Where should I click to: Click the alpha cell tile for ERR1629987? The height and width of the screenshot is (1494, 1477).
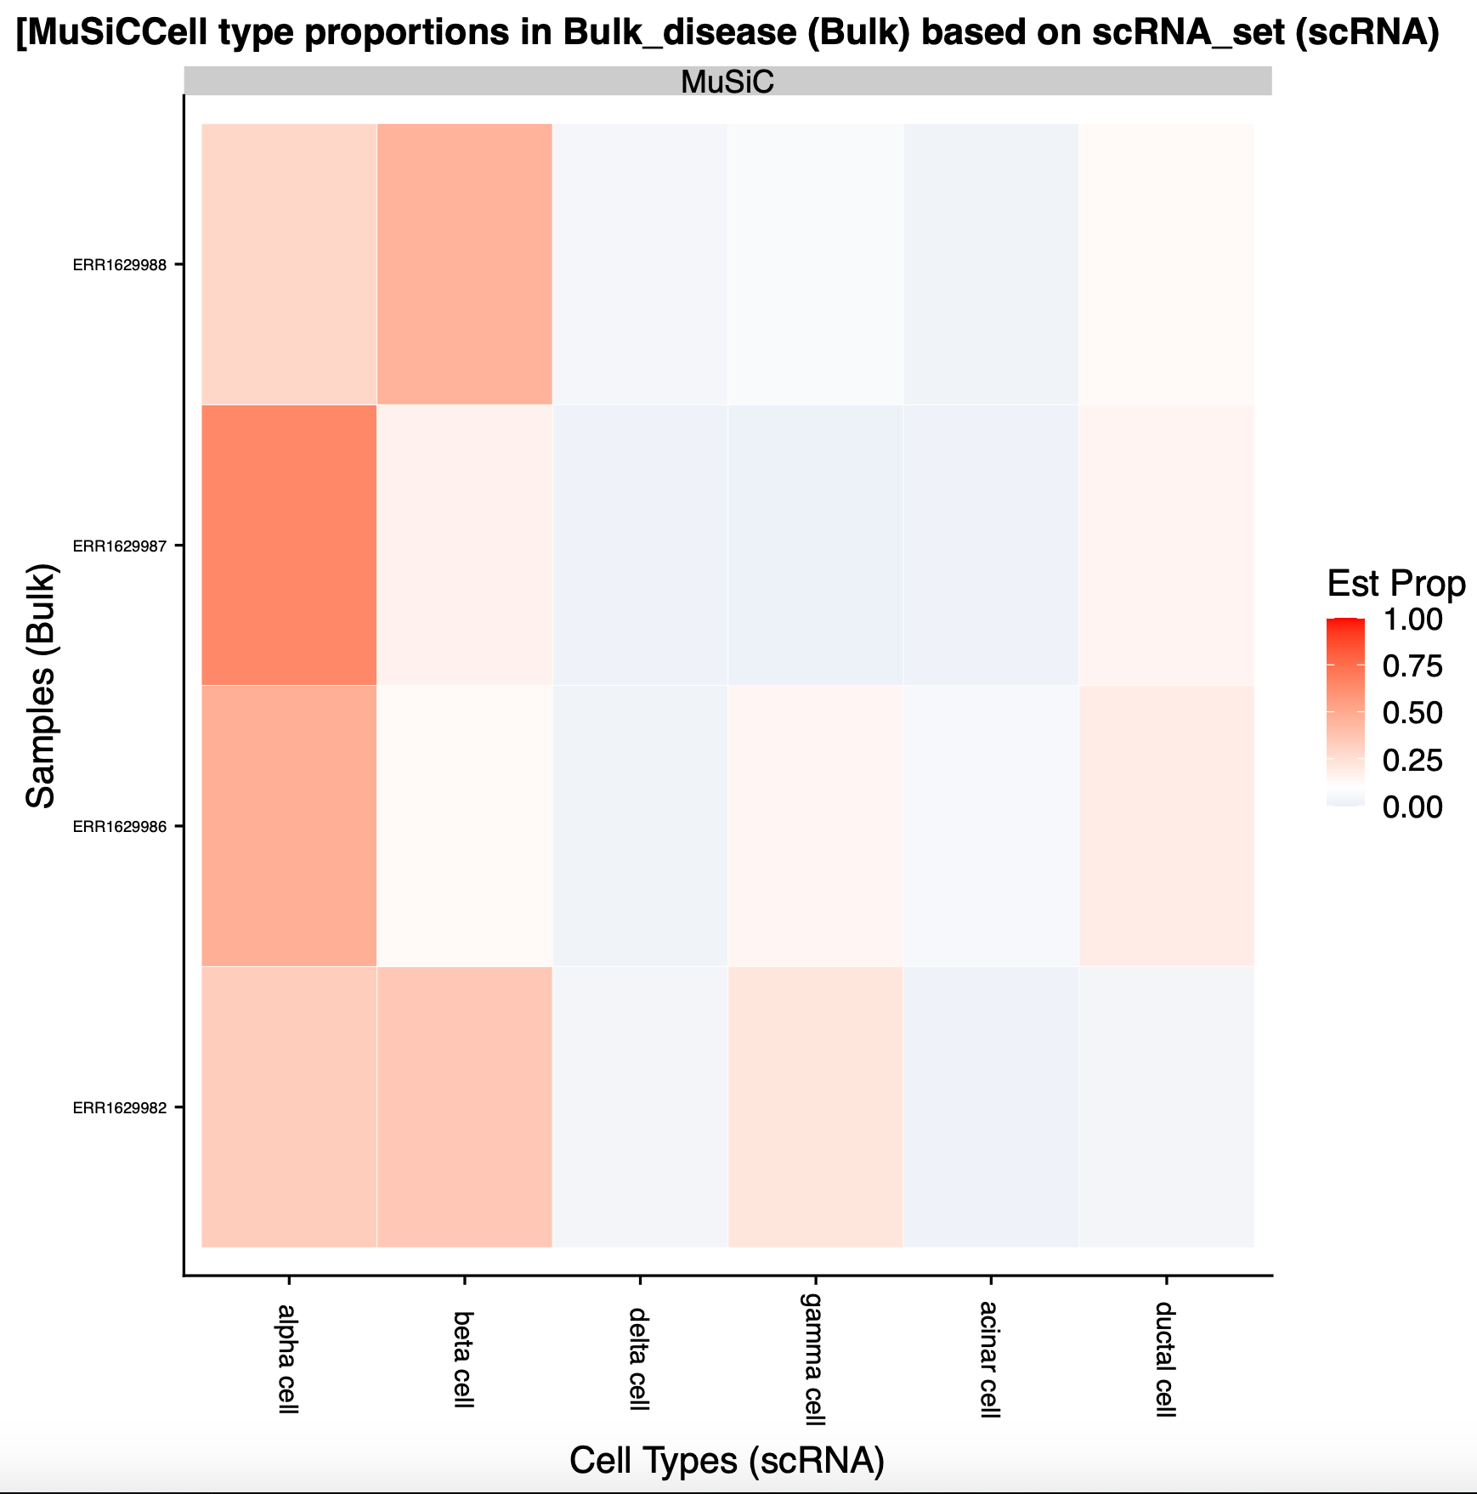click(x=289, y=545)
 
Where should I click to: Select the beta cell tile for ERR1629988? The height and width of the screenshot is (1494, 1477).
click(x=465, y=264)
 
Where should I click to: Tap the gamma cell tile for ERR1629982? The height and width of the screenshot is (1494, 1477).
click(x=816, y=1106)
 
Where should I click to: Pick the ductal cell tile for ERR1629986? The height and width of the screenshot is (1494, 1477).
click(x=1166, y=826)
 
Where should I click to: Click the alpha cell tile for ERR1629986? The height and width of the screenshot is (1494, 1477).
click(x=289, y=826)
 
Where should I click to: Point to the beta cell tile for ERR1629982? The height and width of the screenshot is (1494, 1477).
click(x=465, y=1106)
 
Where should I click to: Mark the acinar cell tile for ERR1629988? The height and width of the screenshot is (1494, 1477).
click(x=991, y=264)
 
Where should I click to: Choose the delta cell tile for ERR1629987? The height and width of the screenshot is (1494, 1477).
click(x=640, y=545)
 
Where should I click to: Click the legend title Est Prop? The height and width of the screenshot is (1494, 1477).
click(x=1396, y=584)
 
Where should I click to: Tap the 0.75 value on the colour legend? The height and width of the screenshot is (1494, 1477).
click(x=1412, y=666)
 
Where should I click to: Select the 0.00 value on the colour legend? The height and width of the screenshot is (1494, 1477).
click(x=1412, y=806)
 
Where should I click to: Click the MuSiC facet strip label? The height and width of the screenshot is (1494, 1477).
click(x=727, y=82)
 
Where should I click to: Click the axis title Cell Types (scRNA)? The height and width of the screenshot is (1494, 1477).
click(x=727, y=1459)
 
